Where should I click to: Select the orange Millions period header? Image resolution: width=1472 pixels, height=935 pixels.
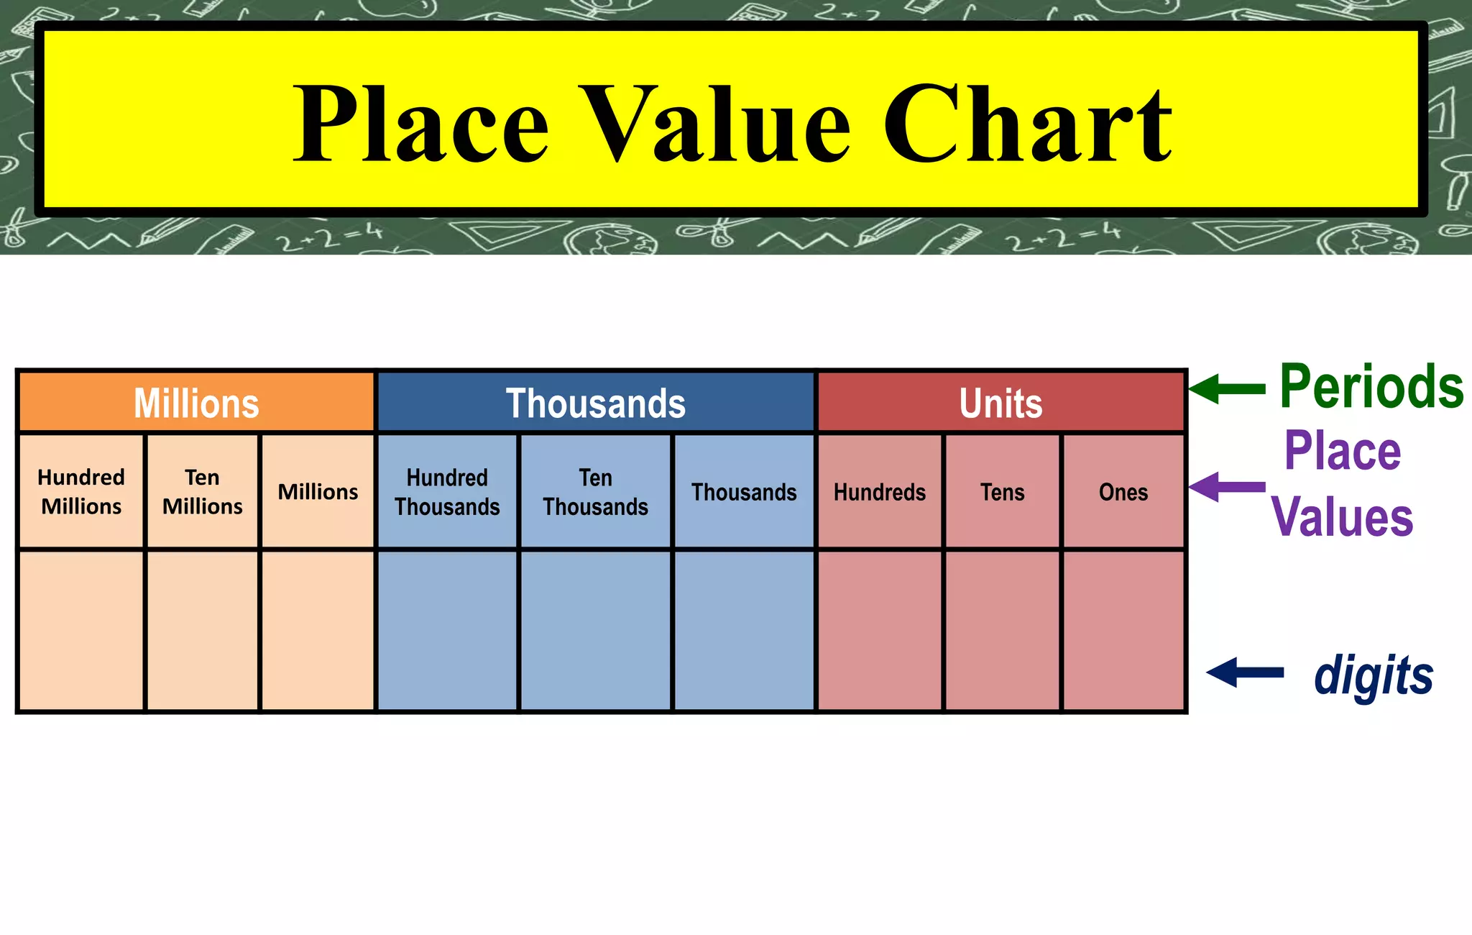coord(196,403)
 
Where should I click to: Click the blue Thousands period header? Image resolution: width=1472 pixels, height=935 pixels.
coord(596,403)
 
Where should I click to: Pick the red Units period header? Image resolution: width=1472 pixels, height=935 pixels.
coord(1000,403)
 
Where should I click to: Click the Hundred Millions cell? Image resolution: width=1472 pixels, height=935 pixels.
coord(81,492)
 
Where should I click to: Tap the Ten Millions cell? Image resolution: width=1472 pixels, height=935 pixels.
coord(203,492)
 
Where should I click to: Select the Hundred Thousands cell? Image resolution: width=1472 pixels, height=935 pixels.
coord(447,492)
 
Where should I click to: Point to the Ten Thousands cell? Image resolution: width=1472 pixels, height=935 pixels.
coord(596,492)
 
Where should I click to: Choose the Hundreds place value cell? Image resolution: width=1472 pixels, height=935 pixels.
coord(880,492)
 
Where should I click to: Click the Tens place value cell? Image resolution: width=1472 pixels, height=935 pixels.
coord(1003,492)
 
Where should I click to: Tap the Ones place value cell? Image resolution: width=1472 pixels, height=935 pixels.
coord(1123,492)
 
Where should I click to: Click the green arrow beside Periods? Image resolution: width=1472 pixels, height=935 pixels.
coord(1227,389)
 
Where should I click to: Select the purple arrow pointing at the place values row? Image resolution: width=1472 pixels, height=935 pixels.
coord(1227,487)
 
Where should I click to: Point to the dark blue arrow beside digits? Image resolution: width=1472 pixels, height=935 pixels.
coord(1245,672)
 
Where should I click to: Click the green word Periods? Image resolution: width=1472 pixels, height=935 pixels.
coord(1371,387)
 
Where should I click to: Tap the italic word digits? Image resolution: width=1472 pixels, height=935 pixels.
coord(1374,676)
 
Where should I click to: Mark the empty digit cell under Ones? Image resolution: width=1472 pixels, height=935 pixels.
coord(1123,631)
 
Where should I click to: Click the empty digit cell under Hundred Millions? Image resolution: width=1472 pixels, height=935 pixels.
coord(81,631)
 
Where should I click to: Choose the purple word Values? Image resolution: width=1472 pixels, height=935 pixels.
coord(1342,516)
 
